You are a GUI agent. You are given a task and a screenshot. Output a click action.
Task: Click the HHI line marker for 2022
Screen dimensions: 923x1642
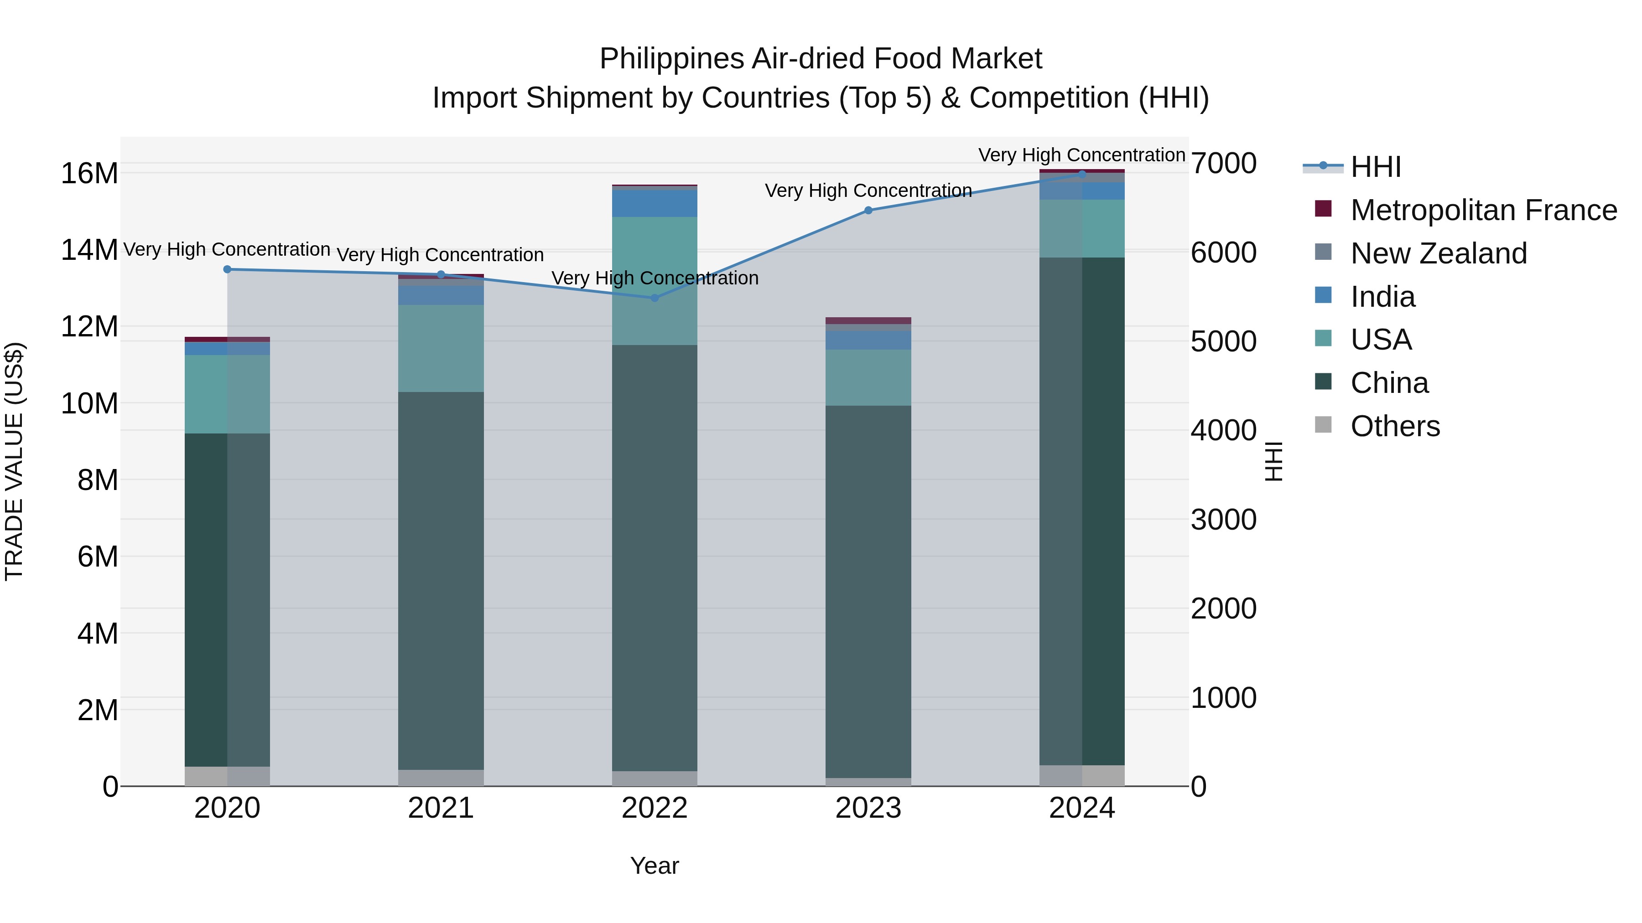click(655, 298)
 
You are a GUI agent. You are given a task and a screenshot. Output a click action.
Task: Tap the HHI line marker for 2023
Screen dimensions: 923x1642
click(868, 210)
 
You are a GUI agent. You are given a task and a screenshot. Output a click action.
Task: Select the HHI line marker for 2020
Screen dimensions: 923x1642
click(228, 269)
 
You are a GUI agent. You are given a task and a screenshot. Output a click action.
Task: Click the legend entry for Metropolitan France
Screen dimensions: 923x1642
click(1483, 210)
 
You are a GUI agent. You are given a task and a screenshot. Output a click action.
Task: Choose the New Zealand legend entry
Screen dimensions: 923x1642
click(1439, 253)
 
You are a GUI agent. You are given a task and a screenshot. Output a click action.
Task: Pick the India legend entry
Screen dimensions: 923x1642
click(1382, 297)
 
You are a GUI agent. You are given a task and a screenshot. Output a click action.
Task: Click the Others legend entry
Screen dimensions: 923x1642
click(1395, 426)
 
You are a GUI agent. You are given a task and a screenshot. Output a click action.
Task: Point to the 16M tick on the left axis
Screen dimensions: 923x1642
click(89, 173)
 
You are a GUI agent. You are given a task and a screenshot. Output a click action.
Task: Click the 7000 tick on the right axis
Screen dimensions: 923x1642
click(1224, 164)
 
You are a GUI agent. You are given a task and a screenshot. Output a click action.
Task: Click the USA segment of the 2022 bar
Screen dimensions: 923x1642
click(655, 280)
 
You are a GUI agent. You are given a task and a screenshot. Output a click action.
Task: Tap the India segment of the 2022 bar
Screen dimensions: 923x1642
click(655, 203)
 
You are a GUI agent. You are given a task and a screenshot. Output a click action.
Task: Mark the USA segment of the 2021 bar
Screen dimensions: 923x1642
click(441, 348)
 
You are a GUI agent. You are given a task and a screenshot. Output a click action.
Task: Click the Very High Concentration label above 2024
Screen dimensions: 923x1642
click(1082, 155)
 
